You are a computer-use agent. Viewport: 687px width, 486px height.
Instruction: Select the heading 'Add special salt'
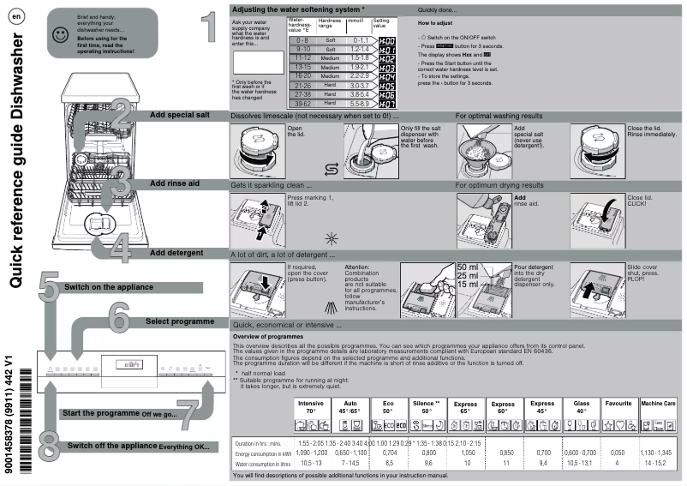pyautogui.click(x=182, y=114)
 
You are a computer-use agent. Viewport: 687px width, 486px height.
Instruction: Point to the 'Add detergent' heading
pyautogui.click(x=176, y=253)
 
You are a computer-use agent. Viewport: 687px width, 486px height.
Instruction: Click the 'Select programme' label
pyautogui.click(x=180, y=321)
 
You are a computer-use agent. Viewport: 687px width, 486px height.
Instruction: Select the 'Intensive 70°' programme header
pyautogui.click(x=311, y=405)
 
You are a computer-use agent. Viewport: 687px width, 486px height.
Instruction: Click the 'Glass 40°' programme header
pyautogui.click(x=580, y=405)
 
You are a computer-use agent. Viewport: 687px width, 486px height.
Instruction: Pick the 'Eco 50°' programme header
pyautogui.click(x=388, y=405)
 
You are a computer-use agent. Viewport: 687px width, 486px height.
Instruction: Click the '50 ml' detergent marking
pyautogui.click(x=468, y=267)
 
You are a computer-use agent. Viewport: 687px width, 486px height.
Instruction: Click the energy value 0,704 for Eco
pyautogui.click(x=388, y=453)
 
